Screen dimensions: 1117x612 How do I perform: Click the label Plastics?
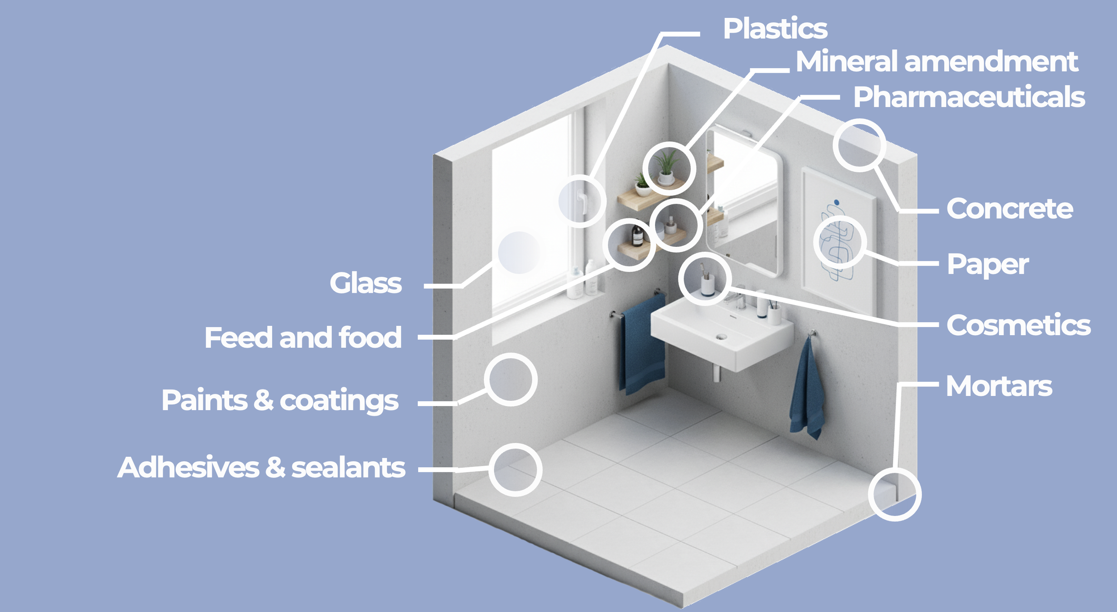(775, 29)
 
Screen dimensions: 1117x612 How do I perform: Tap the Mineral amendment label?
(937, 62)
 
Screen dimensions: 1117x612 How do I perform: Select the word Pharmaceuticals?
(969, 97)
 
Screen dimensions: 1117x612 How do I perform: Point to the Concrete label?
(1009, 209)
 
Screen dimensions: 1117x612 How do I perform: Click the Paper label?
(987, 265)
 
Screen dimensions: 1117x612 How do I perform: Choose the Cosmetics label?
(1018, 325)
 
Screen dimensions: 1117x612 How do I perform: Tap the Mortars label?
(999, 386)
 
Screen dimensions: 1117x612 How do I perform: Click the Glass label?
(365, 283)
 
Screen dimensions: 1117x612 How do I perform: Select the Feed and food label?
(303, 337)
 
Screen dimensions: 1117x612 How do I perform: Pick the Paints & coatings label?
(280, 400)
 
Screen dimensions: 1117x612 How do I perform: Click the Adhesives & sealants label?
(261, 468)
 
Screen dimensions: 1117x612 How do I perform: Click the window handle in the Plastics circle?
(581, 201)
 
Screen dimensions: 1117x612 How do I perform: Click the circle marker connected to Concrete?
(859, 146)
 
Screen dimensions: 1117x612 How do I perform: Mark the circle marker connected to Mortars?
(894, 495)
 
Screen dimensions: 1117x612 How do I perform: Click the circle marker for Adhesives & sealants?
(515, 470)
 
